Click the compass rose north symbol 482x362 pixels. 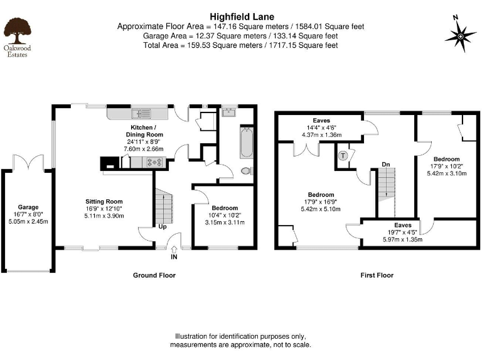point(460,36)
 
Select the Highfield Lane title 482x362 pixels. point(240,16)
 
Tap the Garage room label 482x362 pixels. point(28,207)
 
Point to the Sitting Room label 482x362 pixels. point(104,202)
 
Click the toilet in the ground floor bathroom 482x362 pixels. point(247,171)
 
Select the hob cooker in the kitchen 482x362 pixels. point(155,162)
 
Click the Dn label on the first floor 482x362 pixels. point(387,165)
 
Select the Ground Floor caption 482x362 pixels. point(154,275)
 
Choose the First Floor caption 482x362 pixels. point(377,275)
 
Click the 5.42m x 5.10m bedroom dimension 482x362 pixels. point(320,209)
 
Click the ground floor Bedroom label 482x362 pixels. point(224,208)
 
